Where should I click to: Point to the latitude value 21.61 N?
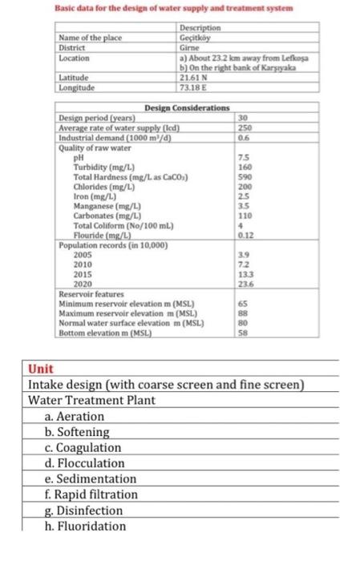point(195,77)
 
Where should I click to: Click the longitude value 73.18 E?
point(195,87)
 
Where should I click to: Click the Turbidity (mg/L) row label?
point(99,167)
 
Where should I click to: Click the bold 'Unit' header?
point(41,369)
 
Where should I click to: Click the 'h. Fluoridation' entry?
point(86,526)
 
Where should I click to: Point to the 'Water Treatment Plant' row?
point(87,401)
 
